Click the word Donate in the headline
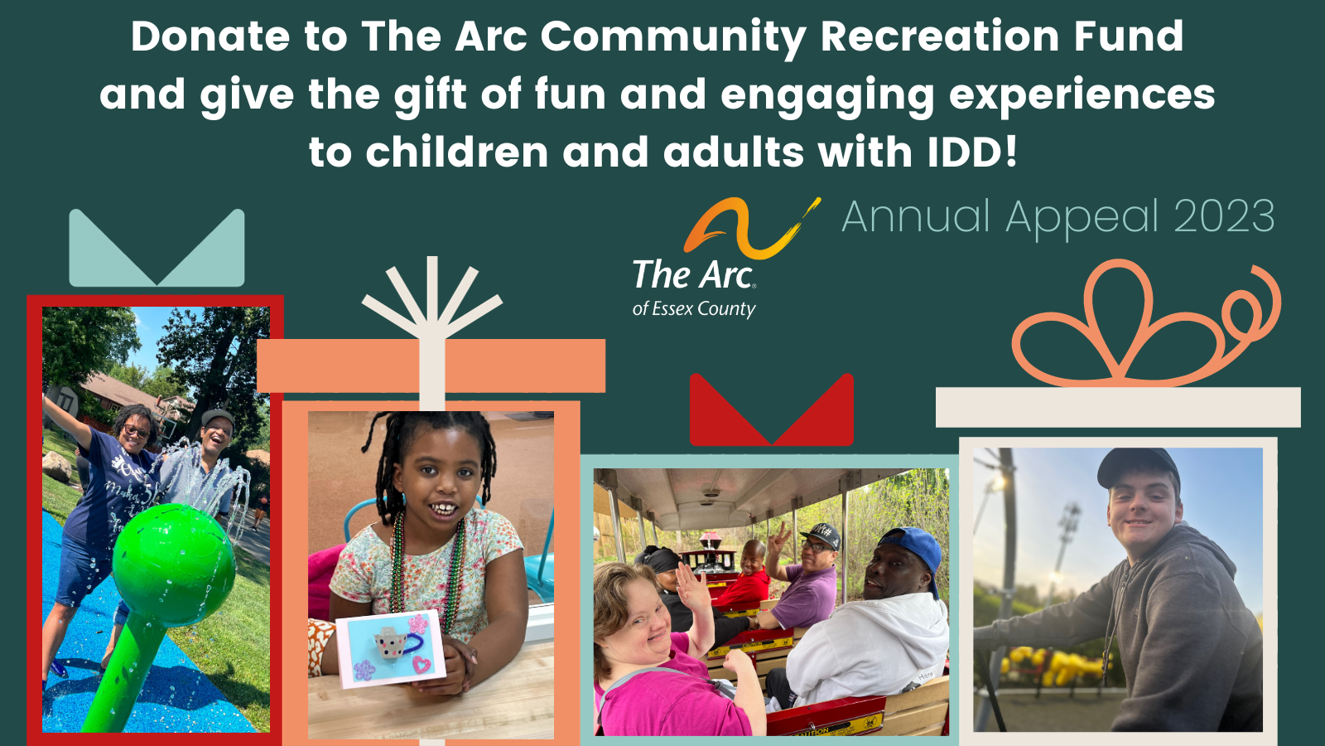[210, 36]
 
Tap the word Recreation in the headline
[940, 36]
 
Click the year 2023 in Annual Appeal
[1224, 216]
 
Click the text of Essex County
[694, 309]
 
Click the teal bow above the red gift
[157, 248]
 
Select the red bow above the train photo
[771, 409]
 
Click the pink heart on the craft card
[422, 664]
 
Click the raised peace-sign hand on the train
[778, 539]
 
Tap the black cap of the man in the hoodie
[1138, 466]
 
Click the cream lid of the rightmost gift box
[1118, 407]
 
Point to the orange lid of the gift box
[431, 366]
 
